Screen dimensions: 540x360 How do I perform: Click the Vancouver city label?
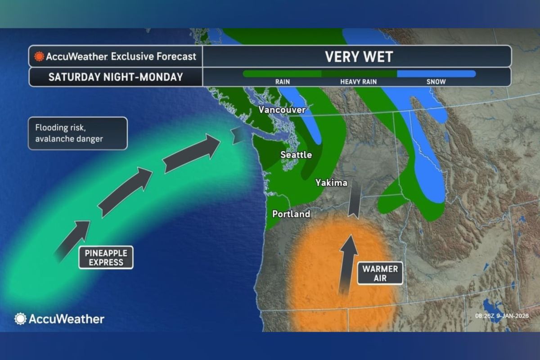click(x=282, y=110)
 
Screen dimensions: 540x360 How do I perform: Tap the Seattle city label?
click(x=296, y=155)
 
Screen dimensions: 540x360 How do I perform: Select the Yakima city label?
click(x=331, y=183)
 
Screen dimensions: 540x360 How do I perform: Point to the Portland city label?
click(x=291, y=214)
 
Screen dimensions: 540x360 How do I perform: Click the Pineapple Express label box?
click(x=106, y=257)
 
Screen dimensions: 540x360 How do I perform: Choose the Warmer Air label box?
click(x=380, y=274)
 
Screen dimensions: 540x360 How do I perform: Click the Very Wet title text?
click(x=359, y=57)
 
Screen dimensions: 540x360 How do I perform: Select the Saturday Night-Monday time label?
click(x=116, y=77)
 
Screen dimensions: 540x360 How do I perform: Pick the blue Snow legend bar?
click(x=436, y=74)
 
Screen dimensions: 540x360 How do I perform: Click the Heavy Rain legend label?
click(x=358, y=82)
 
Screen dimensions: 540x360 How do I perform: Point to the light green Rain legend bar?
click(x=282, y=74)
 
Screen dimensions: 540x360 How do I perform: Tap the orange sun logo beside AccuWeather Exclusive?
click(x=39, y=57)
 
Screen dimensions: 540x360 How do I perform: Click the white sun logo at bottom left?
click(x=20, y=319)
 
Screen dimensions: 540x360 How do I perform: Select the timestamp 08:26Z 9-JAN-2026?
click(x=501, y=316)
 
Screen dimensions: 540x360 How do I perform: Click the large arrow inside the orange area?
click(x=347, y=264)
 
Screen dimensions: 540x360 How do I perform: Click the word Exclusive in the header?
click(x=130, y=57)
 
